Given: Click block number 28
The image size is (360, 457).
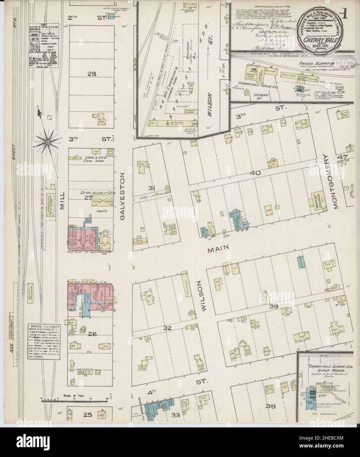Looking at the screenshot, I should tap(92, 74).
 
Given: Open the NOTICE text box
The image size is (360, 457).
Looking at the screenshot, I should tap(45, 342).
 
